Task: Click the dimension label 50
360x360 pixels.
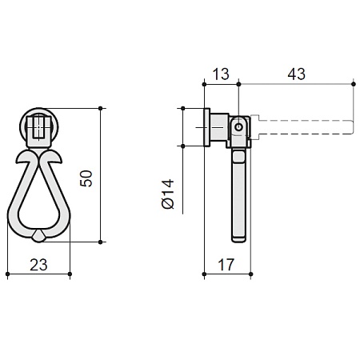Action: [86, 178]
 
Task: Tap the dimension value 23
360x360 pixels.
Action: [38, 265]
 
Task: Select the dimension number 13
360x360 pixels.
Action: [221, 74]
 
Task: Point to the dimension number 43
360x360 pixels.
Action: [296, 74]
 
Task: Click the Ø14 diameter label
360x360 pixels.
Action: [168, 194]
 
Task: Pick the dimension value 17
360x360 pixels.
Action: [226, 265]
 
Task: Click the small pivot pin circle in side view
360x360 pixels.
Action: [238, 127]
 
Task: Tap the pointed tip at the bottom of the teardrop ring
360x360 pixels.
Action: [39, 242]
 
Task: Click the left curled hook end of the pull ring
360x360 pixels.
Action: [20, 159]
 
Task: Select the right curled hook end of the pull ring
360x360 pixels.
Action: [58, 159]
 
